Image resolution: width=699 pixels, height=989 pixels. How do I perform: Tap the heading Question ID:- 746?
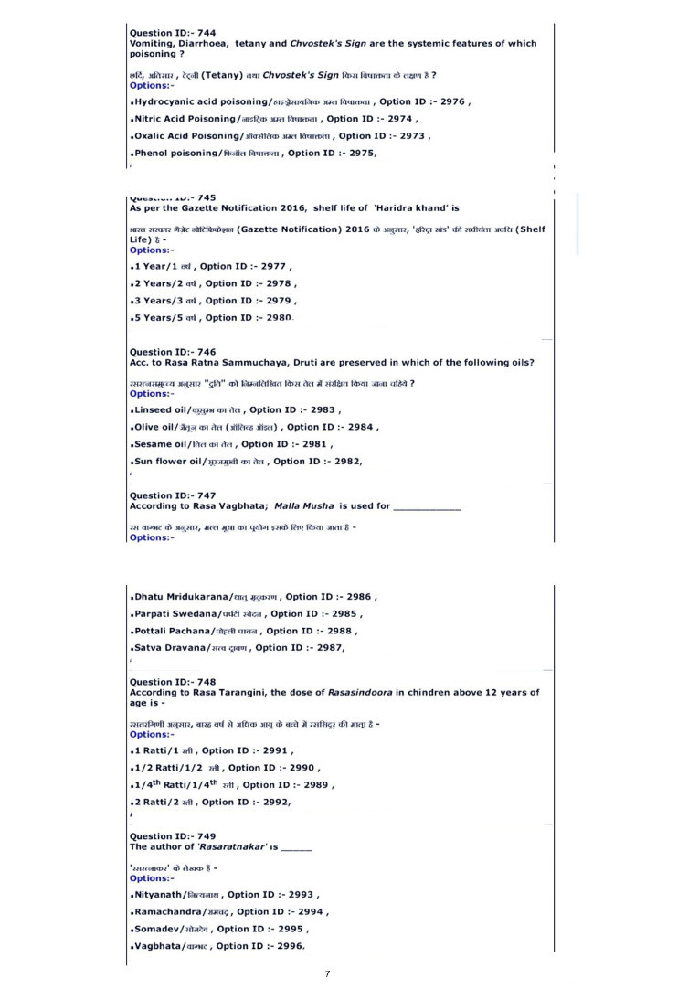tap(173, 352)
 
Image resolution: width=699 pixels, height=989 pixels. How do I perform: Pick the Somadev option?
tap(157, 929)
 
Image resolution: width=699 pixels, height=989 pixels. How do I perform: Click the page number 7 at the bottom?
tap(327, 974)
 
